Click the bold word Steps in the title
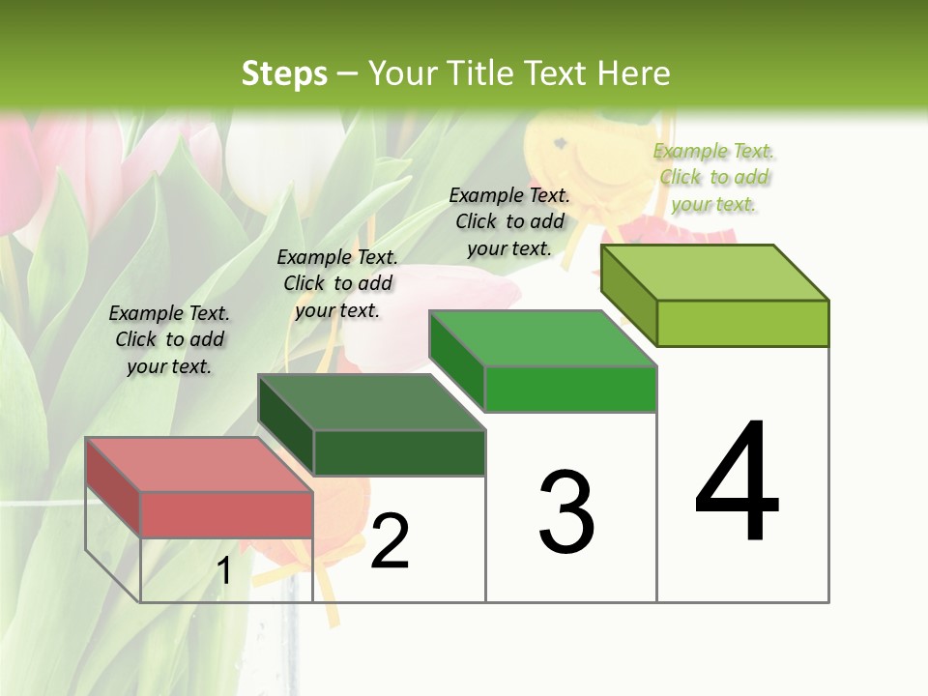coord(284,73)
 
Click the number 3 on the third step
coord(566,511)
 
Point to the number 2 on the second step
coord(390,541)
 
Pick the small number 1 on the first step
coord(224,571)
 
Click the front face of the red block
coord(226,514)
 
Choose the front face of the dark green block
coord(399,452)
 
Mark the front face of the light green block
coord(742,323)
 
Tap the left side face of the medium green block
coord(456,361)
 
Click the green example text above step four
coord(713,177)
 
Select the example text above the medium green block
coord(509,221)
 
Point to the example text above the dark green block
coord(337,283)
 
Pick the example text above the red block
coord(169,339)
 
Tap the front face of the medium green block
coord(570,390)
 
